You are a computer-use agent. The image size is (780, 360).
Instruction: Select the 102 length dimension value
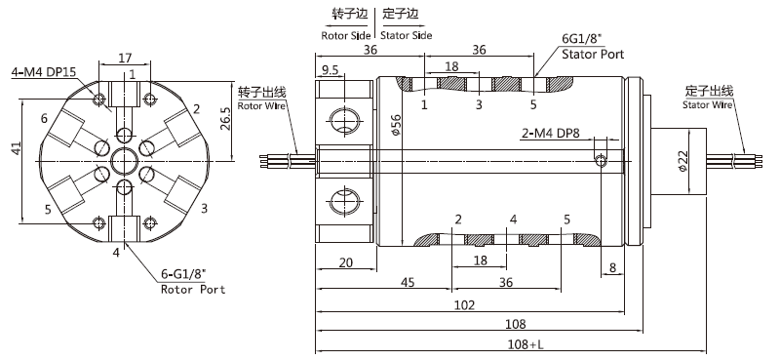[465, 304]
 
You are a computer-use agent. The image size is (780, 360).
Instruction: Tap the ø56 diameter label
[396, 125]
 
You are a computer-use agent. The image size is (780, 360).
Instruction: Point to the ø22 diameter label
[682, 161]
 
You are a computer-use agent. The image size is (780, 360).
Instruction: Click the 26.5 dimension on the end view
[225, 117]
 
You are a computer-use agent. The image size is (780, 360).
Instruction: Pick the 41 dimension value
[17, 148]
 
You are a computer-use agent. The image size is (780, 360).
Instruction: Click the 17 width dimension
[125, 58]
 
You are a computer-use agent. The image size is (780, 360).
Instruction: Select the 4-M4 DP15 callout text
[44, 71]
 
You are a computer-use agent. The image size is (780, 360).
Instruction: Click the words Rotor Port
[193, 290]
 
